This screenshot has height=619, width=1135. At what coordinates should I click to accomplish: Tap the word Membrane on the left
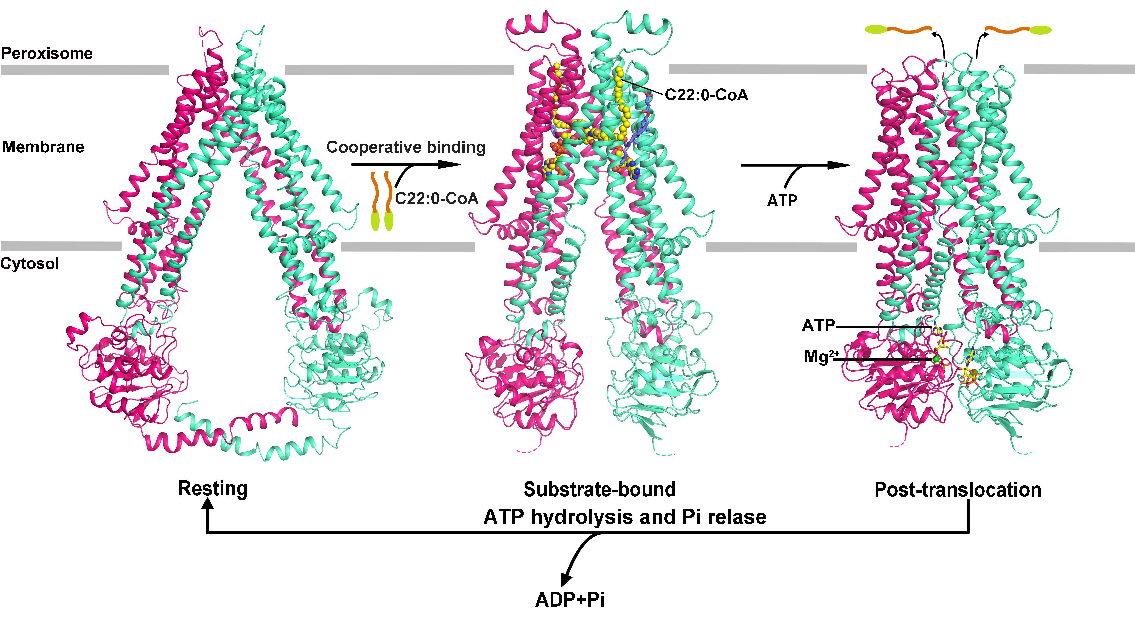click(43, 147)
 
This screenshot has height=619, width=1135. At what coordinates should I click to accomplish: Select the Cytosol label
click(29, 264)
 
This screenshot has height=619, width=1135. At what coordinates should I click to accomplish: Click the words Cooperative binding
click(406, 147)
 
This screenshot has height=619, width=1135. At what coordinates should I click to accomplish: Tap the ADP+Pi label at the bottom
click(570, 600)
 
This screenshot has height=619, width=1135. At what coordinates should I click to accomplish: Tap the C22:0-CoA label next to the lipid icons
click(436, 199)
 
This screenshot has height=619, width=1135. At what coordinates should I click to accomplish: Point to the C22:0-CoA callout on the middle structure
click(706, 95)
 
